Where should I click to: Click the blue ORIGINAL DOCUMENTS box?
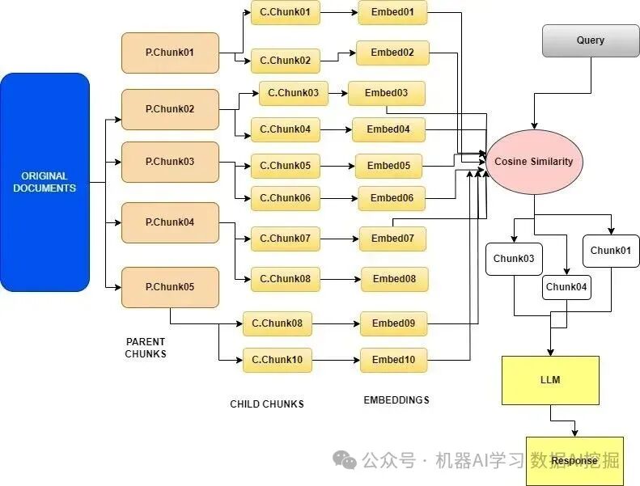click(x=45, y=182)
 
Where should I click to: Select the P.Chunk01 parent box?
click(x=170, y=53)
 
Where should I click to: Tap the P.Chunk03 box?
click(x=170, y=162)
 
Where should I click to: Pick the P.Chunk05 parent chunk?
click(x=170, y=287)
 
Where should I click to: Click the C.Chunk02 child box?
click(x=286, y=61)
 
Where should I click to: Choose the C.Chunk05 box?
click(x=286, y=166)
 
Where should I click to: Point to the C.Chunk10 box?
click(x=278, y=360)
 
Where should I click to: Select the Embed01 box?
click(x=392, y=12)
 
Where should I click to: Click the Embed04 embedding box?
click(x=388, y=129)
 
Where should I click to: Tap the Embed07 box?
click(x=392, y=239)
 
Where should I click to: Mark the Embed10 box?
click(x=393, y=360)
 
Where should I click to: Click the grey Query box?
click(x=590, y=40)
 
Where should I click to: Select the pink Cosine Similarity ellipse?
click(x=534, y=162)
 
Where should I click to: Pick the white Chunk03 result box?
click(x=515, y=258)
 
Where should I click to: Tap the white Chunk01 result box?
click(x=611, y=251)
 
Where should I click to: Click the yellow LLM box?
click(x=550, y=380)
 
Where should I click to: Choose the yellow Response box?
click(x=574, y=461)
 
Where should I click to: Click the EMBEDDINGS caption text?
click(x=396, y=400)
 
